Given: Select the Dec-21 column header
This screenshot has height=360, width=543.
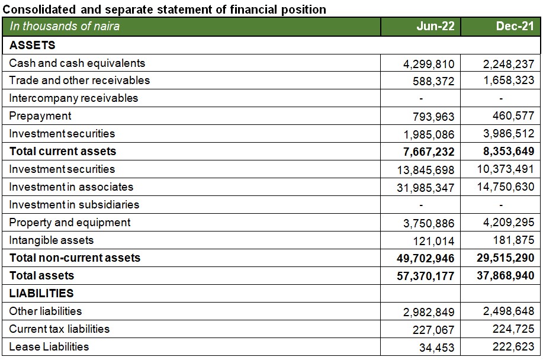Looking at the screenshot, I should [x=515, y=26].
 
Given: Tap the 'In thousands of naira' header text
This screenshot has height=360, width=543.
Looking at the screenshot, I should [x=65, y=26].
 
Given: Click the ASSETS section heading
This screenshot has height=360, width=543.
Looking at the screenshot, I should [x=33, y=45].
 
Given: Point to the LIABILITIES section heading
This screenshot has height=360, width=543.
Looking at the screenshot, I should [x=41, y=293].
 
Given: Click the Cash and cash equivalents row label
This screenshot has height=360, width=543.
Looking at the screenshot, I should [x=77, y=63].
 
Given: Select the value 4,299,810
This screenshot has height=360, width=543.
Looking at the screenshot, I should [x=429, y=64].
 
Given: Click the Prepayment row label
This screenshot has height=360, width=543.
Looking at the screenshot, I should [x=40, y=116].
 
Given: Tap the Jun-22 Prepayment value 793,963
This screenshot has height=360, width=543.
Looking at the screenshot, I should [x=433, y=117].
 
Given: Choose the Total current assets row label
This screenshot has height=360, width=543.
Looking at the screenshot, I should [x=63, y=151].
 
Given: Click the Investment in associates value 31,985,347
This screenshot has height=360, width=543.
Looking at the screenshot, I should [x=426, y=188].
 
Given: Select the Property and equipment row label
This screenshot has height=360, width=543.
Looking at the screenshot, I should [x=70, y=222].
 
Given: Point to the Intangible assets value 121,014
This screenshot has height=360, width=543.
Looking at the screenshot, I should [x=433, y=241].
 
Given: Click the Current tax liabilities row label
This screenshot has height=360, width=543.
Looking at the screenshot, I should [x=59, y=329].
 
